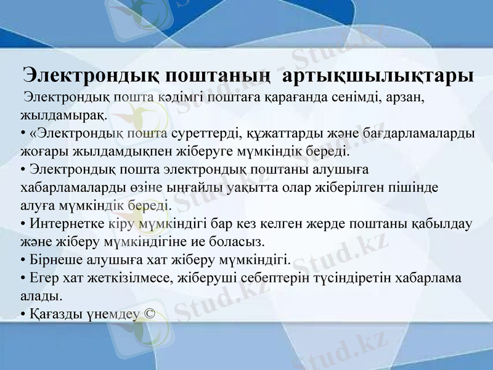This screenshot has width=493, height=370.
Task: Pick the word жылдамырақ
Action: click(x=63, y=115)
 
